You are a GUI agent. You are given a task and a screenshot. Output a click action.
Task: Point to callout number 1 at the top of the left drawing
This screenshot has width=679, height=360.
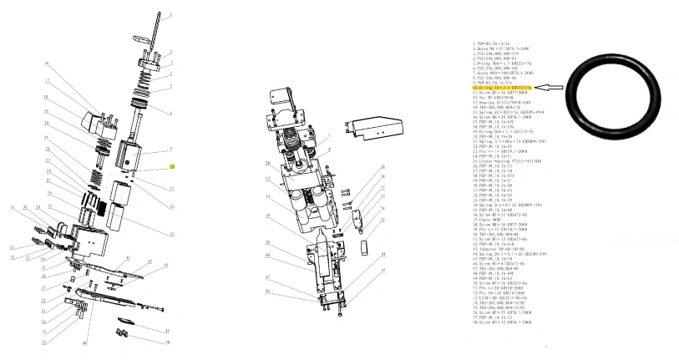[x=172, y=16]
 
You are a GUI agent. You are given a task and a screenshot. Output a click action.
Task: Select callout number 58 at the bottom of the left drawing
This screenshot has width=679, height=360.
[x=167, y=342]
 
